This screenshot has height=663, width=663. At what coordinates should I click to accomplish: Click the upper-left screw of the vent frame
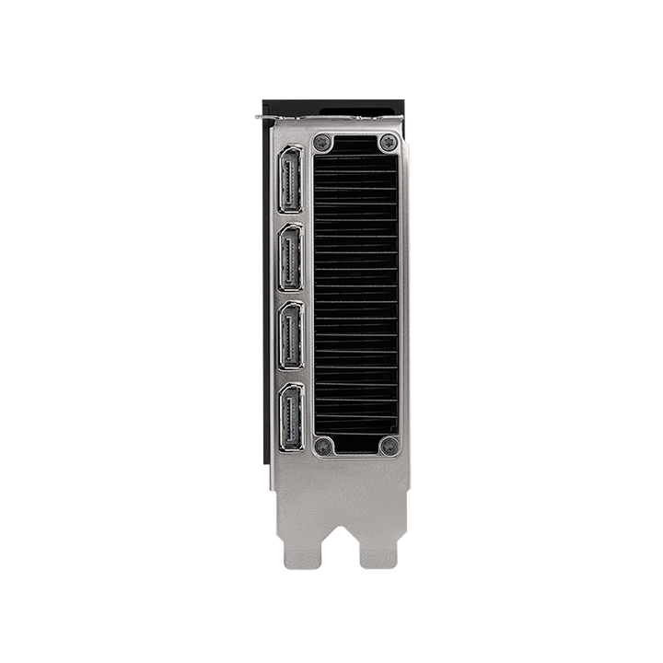pos(321,143)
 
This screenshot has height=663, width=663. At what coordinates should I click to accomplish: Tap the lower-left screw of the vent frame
pos(321,446)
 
